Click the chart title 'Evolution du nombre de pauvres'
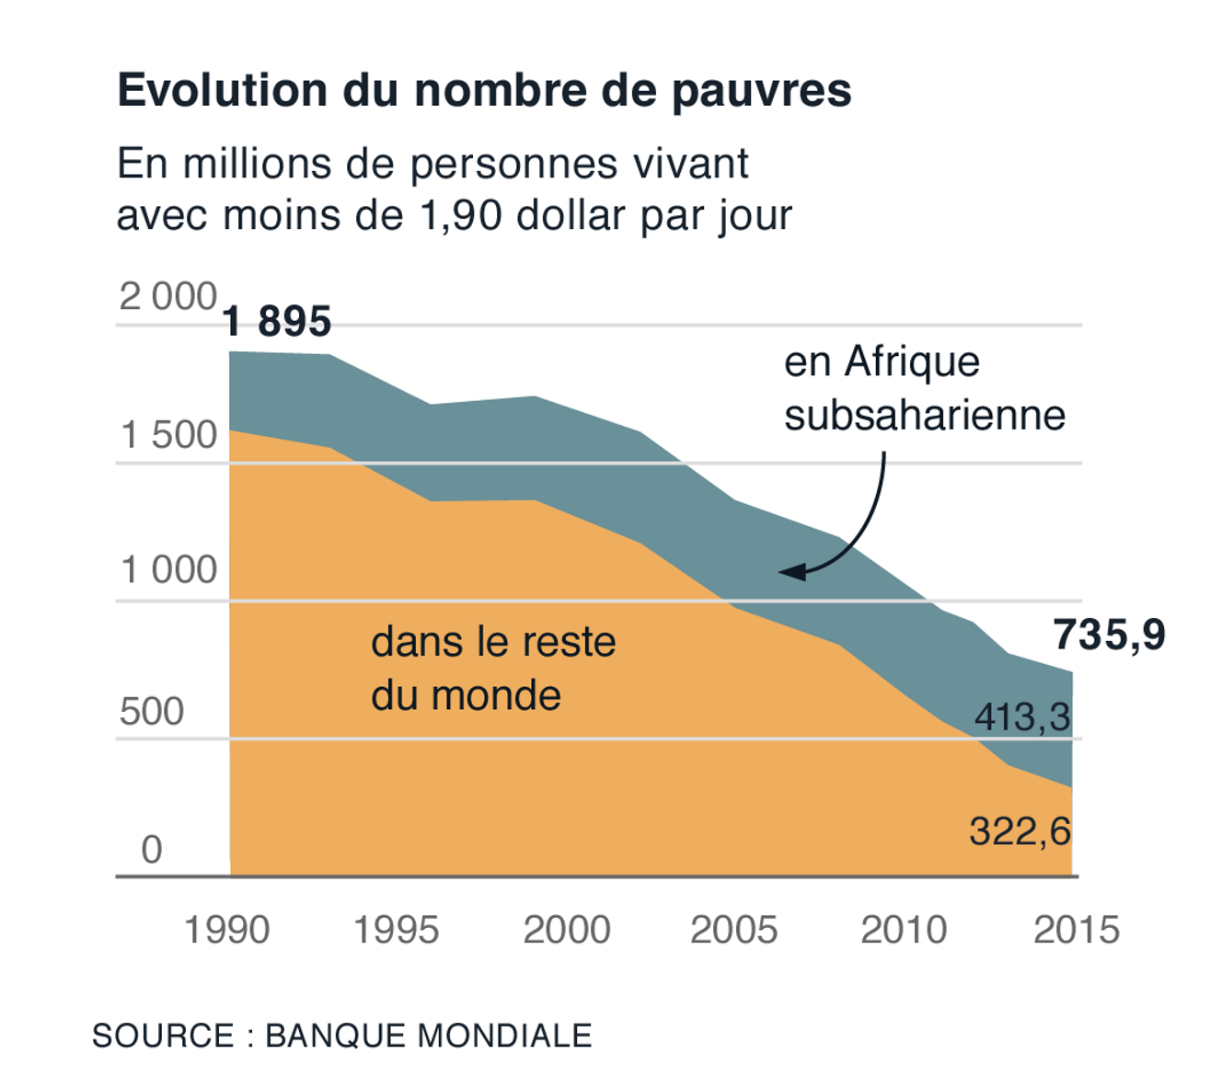(484, 90)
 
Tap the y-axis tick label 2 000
(167, 297)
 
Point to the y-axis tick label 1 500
(168, 435)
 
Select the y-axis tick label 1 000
(168, 570)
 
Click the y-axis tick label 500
(152, 711)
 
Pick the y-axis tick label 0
(152, 849)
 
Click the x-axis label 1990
(226, 930)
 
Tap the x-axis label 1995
(397, 930)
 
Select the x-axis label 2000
(567, 930)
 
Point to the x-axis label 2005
(734, 930)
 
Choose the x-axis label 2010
(904, 930)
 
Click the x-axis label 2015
(1076, 930)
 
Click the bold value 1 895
(277, 322)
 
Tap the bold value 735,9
(1109, 635)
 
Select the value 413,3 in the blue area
(1022, 716)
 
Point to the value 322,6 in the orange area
(1020, 831)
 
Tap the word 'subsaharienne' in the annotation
(924, 415)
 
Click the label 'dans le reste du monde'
(492, 669)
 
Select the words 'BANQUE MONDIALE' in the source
(429, 1036)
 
